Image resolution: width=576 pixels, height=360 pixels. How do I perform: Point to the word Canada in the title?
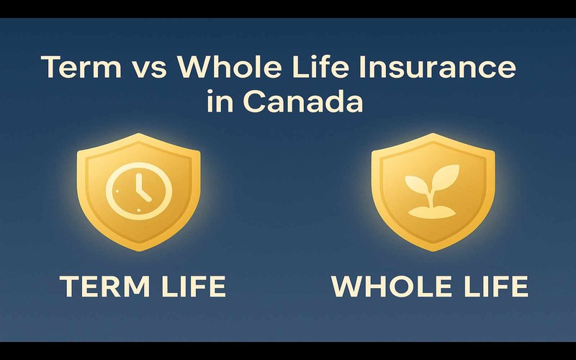tap(303, 102)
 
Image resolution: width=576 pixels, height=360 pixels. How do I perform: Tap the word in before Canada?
tap(218, 102)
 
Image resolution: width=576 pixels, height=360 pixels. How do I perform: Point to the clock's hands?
tap(140, 190)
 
